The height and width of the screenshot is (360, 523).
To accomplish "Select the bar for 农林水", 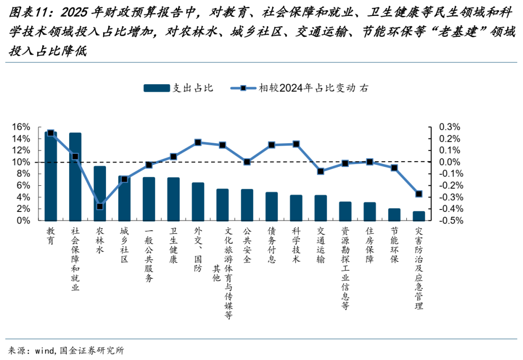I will pyautogui.click(x=100, y=193).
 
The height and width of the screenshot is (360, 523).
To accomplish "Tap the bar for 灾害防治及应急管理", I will pyautogui.click(x=419, y=216).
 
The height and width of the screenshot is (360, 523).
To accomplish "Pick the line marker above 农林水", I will pyautogui.click(x=100, y=207).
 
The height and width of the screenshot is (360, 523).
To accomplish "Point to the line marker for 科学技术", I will pyautogui.click(x=296, y=144).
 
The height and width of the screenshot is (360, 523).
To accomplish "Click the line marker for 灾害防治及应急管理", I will pyautogui.click(x=419, y=194).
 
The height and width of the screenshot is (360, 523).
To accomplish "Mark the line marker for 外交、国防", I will pyautogui.click(x=198, y=143).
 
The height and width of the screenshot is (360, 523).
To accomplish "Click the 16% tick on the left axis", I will pyautogui.click(x=21, y=127).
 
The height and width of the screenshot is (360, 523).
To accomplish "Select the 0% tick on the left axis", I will pyautogui.click(x=23, y=221).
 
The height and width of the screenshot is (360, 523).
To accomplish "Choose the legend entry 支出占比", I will pyautogui.click(x=179, y=88).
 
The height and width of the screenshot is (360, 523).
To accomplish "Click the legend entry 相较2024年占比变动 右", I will pyautogui.click(x=312, y=88).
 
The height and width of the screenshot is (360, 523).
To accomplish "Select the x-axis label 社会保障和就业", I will pyautogui.click(x=75, y=259).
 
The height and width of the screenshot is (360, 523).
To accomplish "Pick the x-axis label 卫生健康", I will pyautogui.click(x=173, y=246).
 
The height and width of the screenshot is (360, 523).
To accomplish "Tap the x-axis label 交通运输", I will pyautogui.click(x=321, y=246).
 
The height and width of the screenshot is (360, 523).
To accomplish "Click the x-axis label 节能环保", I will pyautogui.click(x=394, y=246).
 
